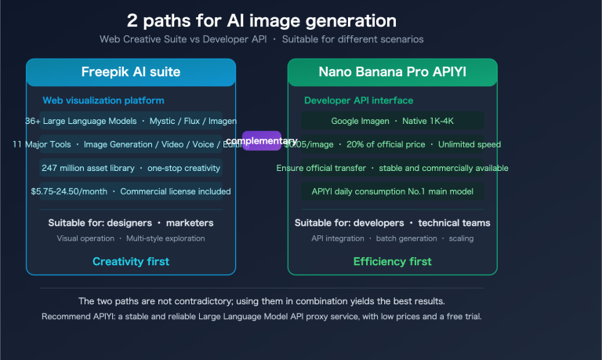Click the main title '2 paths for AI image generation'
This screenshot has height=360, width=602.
[x=261, y=20]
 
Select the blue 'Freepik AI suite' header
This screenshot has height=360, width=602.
[x=131, y=72]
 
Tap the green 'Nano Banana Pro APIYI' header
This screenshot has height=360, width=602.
[x=392, y=72]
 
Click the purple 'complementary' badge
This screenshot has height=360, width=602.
[x=262, y=141]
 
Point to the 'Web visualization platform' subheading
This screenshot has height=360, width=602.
[x=103, y=100]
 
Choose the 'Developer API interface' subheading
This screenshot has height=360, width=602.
[x=358, y=100]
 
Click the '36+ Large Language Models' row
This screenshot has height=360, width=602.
[x=131, y=121]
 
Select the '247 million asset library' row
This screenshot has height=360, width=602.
[x=131, y=168]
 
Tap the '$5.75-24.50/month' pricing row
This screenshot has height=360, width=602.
[x=131, y=191]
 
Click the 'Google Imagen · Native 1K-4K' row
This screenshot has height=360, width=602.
[x=392, y=121]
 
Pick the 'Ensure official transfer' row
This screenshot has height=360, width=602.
[x=392, y=168]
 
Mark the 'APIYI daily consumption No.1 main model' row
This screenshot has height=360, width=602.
[x=392, y=191]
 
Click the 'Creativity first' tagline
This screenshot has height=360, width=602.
[x=131, y=261]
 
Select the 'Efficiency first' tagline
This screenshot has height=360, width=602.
[x=392, y=261]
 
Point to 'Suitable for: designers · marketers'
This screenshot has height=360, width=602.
[x=131, y=223]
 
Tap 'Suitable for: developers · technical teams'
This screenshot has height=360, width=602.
[x=392, y=223]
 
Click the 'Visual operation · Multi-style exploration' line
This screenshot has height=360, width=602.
[x=131, y=238]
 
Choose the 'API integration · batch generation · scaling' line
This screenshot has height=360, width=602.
[x=392, y=238]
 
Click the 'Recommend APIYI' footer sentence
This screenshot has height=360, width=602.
[x=262, y=317]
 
